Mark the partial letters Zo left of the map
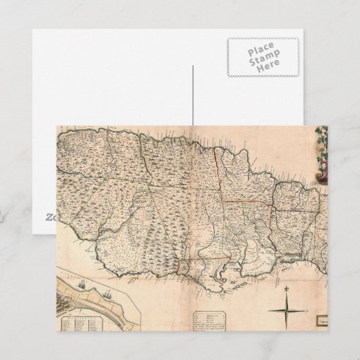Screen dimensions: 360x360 pos(51,217)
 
